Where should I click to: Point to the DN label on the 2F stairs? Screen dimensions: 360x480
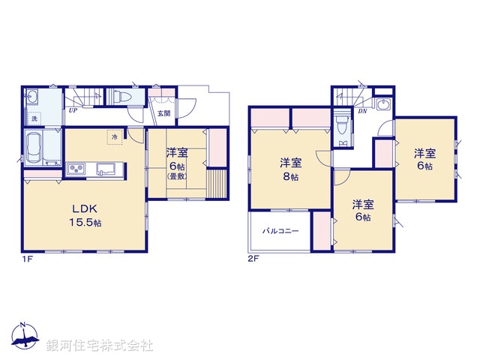(x=362, y=111)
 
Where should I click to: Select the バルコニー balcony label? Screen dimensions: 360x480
(x=280, y=231)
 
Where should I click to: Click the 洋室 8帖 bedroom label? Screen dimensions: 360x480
(x=291, y=168)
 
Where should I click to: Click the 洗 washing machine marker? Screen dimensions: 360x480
(x=33, y=118)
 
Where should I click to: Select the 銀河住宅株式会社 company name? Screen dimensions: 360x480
(x=100, y=346)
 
